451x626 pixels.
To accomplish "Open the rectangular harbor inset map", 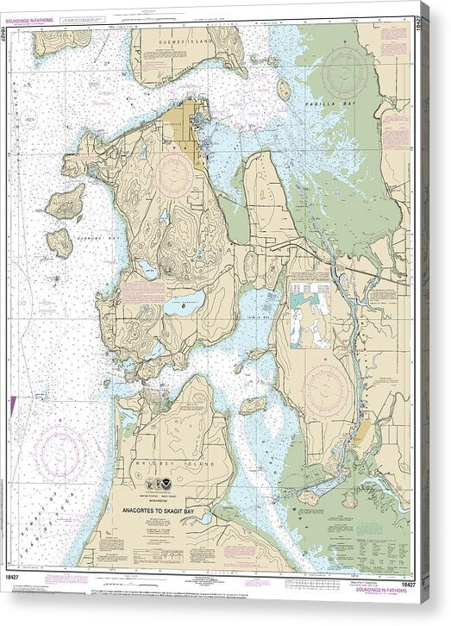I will (308, 311).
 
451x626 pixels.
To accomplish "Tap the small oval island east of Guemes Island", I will (284, 88).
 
